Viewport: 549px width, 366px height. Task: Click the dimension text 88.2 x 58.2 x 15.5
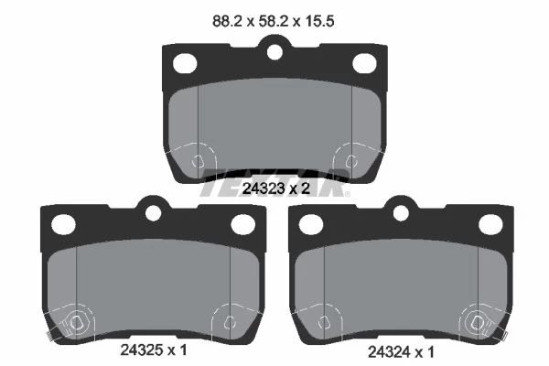[x=273, y=21]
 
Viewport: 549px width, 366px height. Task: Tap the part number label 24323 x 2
[x=276, y=188]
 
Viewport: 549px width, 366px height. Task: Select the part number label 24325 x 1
[x=154, y=350]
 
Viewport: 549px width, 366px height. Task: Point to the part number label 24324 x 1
[x=402, y=352]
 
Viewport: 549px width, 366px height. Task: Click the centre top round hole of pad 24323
[x=274, y=52]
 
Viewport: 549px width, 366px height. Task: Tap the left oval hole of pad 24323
[x=185, y=64]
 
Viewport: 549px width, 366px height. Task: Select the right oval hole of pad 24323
[x=364, y=64]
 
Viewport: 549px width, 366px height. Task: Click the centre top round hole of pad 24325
[x=153, y=213]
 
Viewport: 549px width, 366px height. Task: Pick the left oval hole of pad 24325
[x=63, y=224]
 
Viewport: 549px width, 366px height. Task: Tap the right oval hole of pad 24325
[x=242, y=224]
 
